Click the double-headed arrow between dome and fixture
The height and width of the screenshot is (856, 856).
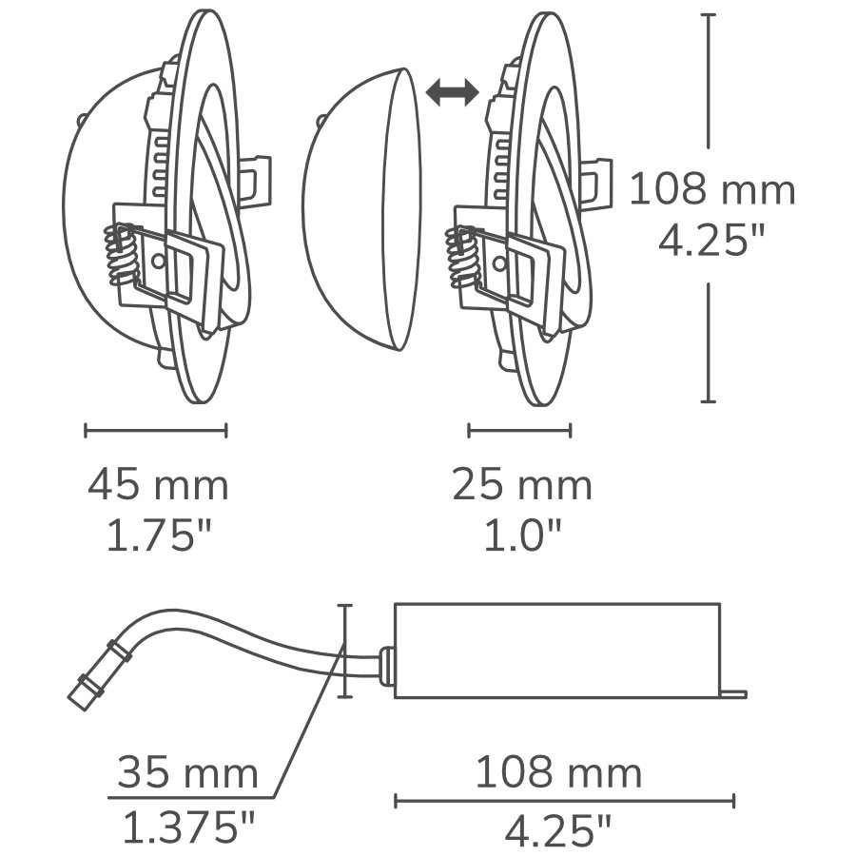point(452,91)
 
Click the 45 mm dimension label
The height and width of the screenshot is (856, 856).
point(158,486)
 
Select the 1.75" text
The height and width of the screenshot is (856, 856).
point(157,537)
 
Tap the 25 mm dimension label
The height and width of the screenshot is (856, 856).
point(521,486)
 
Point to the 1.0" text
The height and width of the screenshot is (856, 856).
point(521,537)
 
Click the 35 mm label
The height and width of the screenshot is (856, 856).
point(187,772)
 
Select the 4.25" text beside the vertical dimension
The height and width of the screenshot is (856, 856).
point(711,242)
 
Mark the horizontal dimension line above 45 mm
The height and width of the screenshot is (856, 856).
point(156,431)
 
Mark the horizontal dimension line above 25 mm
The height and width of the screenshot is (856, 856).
point(519,431)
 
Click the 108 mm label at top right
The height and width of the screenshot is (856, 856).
point(711,190)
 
